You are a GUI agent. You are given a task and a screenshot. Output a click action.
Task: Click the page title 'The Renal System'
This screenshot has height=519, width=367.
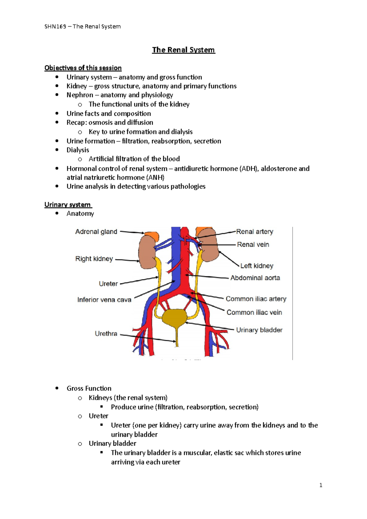183,50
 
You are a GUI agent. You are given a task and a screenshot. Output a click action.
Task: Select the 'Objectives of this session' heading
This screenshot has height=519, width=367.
83,68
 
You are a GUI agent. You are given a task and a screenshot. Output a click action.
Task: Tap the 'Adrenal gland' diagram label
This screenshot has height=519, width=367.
96,232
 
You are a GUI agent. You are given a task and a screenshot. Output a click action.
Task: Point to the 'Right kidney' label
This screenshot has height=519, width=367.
94,259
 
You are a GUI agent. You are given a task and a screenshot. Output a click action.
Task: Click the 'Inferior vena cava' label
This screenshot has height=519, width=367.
104,300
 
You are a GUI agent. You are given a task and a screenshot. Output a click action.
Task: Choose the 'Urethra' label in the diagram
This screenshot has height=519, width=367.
106,333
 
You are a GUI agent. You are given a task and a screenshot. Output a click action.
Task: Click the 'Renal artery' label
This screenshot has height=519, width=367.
254,232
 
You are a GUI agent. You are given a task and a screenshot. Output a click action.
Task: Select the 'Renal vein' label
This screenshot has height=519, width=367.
253,245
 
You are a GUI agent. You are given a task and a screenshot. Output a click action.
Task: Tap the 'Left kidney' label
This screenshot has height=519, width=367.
257,266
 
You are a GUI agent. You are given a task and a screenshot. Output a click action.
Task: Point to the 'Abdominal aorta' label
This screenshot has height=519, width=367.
255,278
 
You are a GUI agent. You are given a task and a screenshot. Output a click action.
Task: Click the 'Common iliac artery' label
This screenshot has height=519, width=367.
256,299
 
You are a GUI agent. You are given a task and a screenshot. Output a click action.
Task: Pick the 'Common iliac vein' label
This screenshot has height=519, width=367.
254,312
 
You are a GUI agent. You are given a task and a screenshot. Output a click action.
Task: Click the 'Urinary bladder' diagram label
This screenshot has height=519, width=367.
259,330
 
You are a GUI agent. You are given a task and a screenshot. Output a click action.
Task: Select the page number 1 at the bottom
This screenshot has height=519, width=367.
321,485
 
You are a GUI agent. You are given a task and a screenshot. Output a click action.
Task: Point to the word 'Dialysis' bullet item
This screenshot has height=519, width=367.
78,150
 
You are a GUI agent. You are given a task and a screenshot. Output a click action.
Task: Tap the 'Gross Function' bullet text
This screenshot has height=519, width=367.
89,388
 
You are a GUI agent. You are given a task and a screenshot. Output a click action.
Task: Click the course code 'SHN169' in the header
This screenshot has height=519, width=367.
55,26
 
